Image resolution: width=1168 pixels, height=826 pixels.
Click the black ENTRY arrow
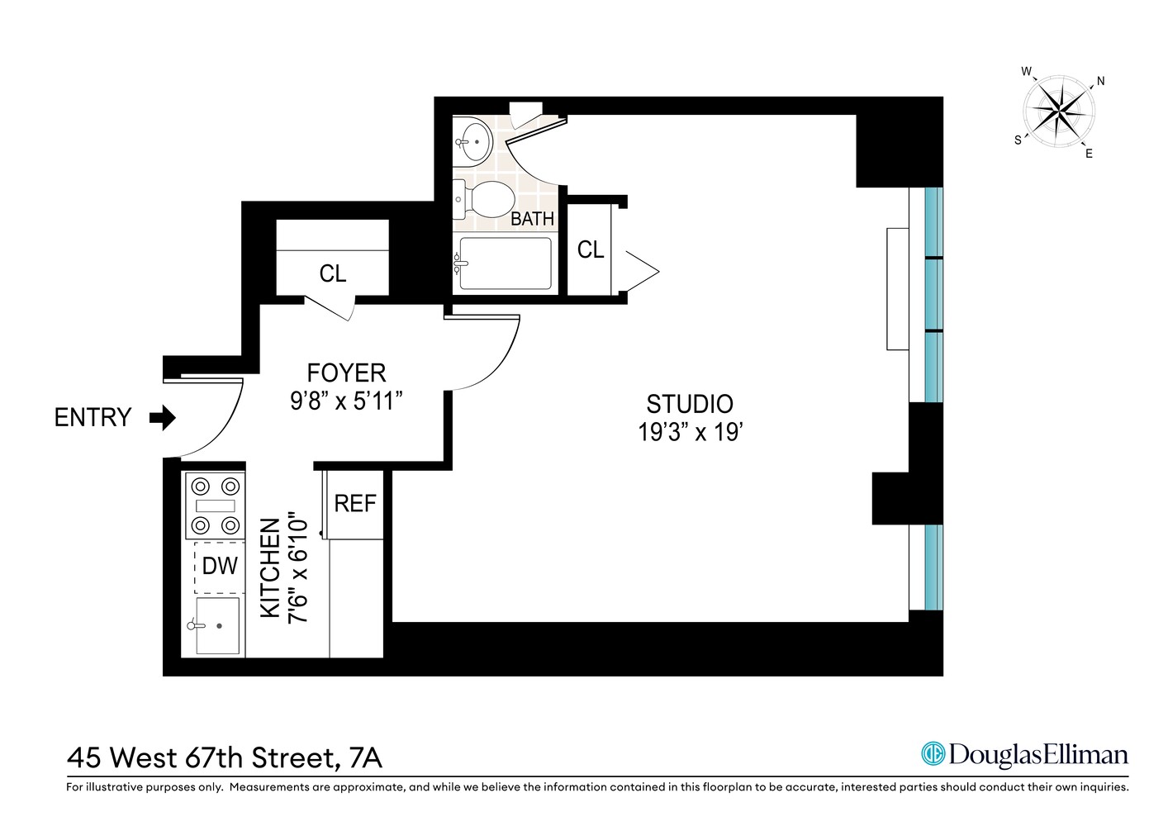coord(163,418)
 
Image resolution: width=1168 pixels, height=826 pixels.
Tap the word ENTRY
coord(93,418)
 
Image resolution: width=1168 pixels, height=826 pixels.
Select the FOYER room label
coord(346,373)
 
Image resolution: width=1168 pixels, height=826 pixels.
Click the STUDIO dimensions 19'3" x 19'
coord(689,432)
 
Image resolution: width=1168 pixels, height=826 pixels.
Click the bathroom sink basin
coord(473,141)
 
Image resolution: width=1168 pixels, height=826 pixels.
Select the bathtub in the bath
coord(504,263)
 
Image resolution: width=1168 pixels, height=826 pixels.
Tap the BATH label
coord(532,219)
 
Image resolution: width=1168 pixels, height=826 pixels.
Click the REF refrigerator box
coord(354,503)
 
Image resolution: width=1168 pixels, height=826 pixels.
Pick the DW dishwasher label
coord(220,566)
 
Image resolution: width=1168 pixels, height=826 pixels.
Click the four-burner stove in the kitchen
coord(215,506)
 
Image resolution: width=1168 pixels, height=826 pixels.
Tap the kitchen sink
coord(217,625)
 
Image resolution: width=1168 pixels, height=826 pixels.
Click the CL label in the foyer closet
coord(332,273)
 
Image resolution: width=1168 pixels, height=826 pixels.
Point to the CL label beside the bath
coord(590,249)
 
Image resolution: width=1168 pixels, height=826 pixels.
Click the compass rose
coord(1059,112)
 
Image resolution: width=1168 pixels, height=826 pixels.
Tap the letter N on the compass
coord(1100,81)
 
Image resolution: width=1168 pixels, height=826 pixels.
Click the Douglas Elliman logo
coord(1024,754)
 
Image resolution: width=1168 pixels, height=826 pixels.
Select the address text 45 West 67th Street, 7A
coord(224,757)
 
